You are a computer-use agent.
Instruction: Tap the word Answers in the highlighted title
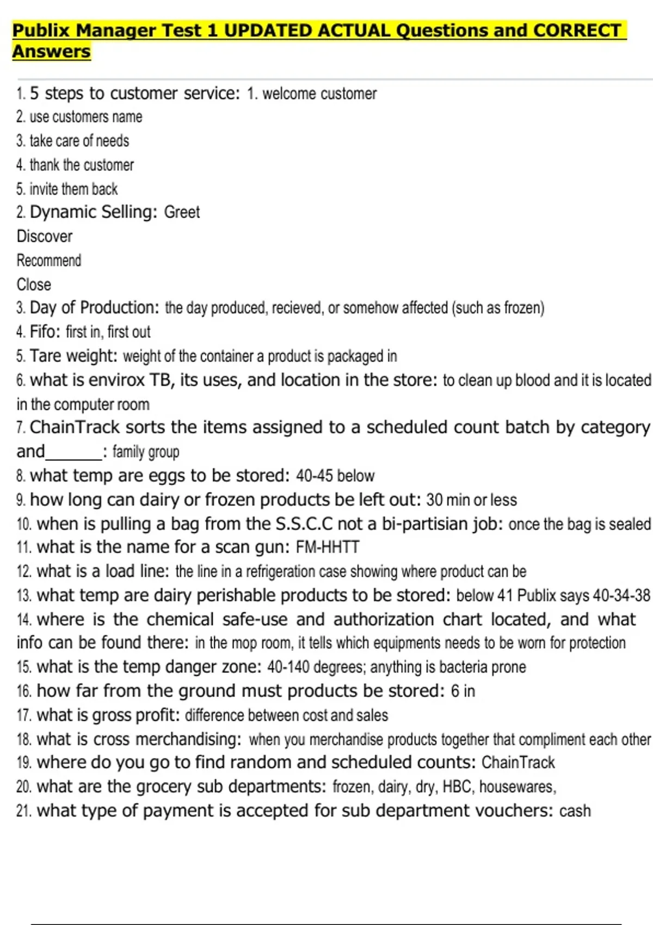point(51,52)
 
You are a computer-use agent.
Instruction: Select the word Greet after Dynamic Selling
point(182,212)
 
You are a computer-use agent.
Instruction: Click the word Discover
point(44,237)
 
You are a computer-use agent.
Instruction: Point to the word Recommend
point(48,261)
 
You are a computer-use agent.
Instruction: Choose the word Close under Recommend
point(34,285)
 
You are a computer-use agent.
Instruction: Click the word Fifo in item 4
point(45,331)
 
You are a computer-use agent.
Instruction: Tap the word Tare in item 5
point(45,356)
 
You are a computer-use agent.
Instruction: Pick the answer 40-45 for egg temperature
point(314,476)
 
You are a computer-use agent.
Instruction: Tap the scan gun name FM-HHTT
point(327,547)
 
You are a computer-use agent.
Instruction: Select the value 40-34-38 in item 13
point(621,596)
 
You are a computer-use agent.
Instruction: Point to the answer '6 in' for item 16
point(463,691)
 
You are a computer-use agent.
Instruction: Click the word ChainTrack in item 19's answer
point(518,763)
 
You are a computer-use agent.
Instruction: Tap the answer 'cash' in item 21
point(575,811)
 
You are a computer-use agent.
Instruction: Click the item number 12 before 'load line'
point(24,572)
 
